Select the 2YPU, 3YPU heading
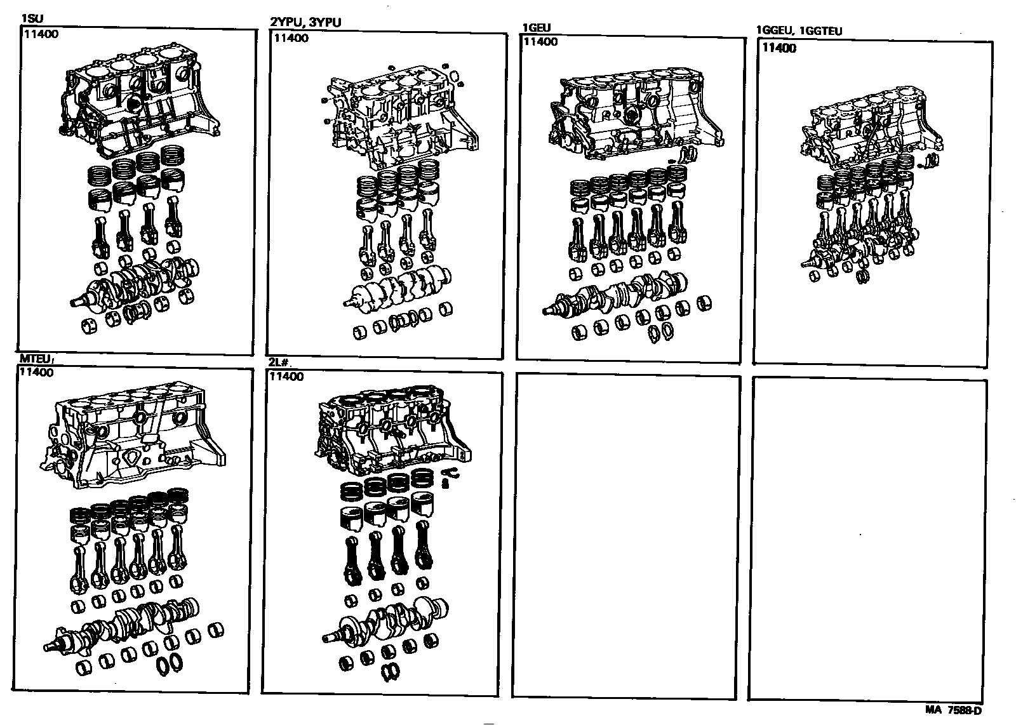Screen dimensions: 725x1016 pyautogui.click(x=306, y=23)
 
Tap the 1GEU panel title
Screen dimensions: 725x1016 pyautogui.click(x=536, y=28)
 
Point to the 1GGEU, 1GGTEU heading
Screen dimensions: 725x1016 pyautogui.click(x=799, y=31)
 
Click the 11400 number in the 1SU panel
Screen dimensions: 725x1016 pyautogui.click(x=41, y=34)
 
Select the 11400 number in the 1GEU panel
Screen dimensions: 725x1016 pyautogui.click(x=540, y=42)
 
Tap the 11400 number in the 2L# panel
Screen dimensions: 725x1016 pyautogui.click(x=286, y=376)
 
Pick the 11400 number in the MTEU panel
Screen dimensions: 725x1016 pyautogui.click(x=36, y=373)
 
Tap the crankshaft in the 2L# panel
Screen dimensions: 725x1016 pyautogui.click(x=387, y=619)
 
